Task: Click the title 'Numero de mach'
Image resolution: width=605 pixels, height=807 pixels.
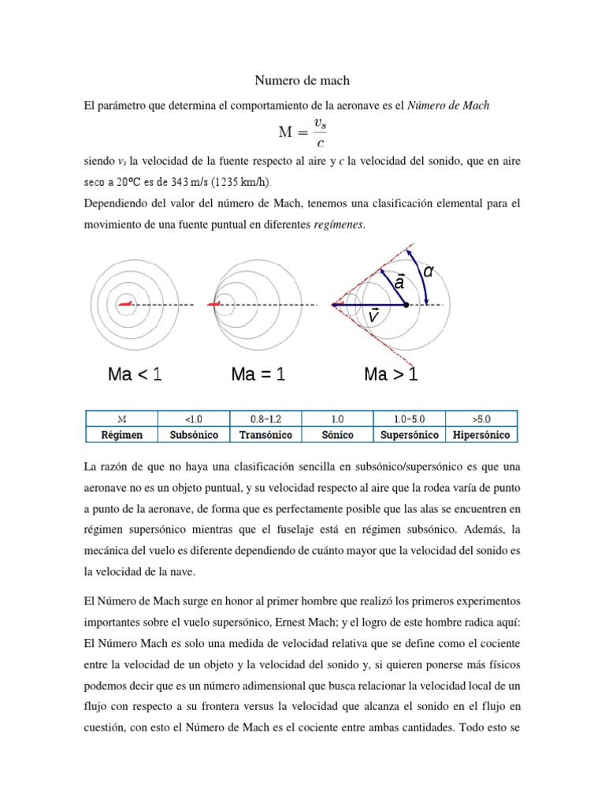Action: [x=302, y=80]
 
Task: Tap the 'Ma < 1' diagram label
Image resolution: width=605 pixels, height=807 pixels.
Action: [x=135, y=374]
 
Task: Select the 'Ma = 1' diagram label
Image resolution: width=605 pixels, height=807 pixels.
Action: [x=258, y=374]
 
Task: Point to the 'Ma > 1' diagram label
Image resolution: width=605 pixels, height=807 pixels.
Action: [x=391, y=374]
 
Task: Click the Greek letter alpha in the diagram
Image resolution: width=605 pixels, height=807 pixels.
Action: [x=429, y=272]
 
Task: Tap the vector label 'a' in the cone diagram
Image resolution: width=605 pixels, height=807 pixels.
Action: [x=399, y=281]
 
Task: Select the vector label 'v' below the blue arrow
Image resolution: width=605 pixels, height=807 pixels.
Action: [x=374, y=315]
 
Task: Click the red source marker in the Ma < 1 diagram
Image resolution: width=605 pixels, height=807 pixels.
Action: [x=124, y=303]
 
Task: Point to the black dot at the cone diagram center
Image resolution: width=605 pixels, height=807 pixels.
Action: [x=406, y=304]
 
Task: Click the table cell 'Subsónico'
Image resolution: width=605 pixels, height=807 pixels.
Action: [x=193, y=435]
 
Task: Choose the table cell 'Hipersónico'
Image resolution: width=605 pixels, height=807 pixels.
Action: [x=481, y=435]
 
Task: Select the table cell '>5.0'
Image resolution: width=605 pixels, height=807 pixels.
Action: [x=481, y=419]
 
